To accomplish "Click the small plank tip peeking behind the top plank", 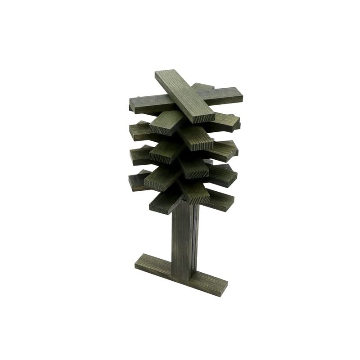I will [202, 85].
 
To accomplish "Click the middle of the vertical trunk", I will [184, 238].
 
